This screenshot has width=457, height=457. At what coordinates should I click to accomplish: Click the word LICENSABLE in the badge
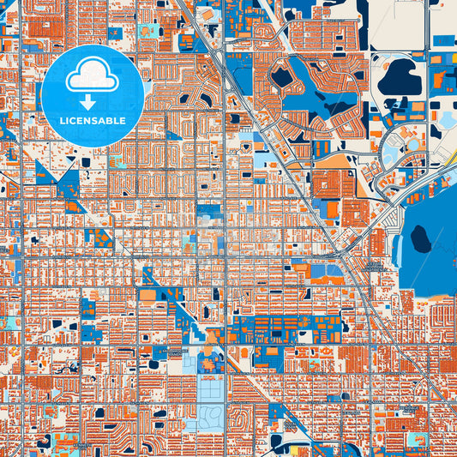[x=92, y=121]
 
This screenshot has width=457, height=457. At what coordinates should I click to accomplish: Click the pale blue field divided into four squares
[x=209, y=390]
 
